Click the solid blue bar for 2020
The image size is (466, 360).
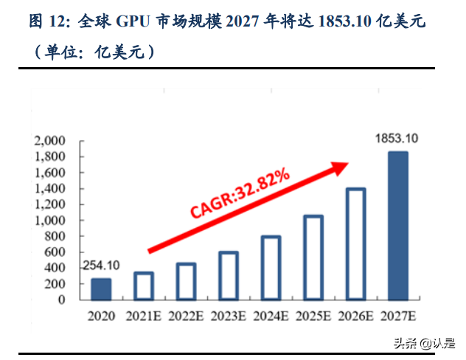tap(101, 290)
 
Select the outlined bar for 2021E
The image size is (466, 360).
tap(144, 287)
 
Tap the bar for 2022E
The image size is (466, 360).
tap(186, 283)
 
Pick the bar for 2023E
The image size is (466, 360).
tap(229, 277)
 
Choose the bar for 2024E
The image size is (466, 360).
tap(271, 269)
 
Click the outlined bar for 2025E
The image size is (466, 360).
tap(313, 258)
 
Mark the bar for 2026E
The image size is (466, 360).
tap(355, 245)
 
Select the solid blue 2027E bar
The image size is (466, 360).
tap(398, 227)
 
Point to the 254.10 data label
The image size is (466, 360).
tap(102, 265)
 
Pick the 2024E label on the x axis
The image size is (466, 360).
tap(271, 316)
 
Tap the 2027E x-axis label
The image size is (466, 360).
tap(398, 316)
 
